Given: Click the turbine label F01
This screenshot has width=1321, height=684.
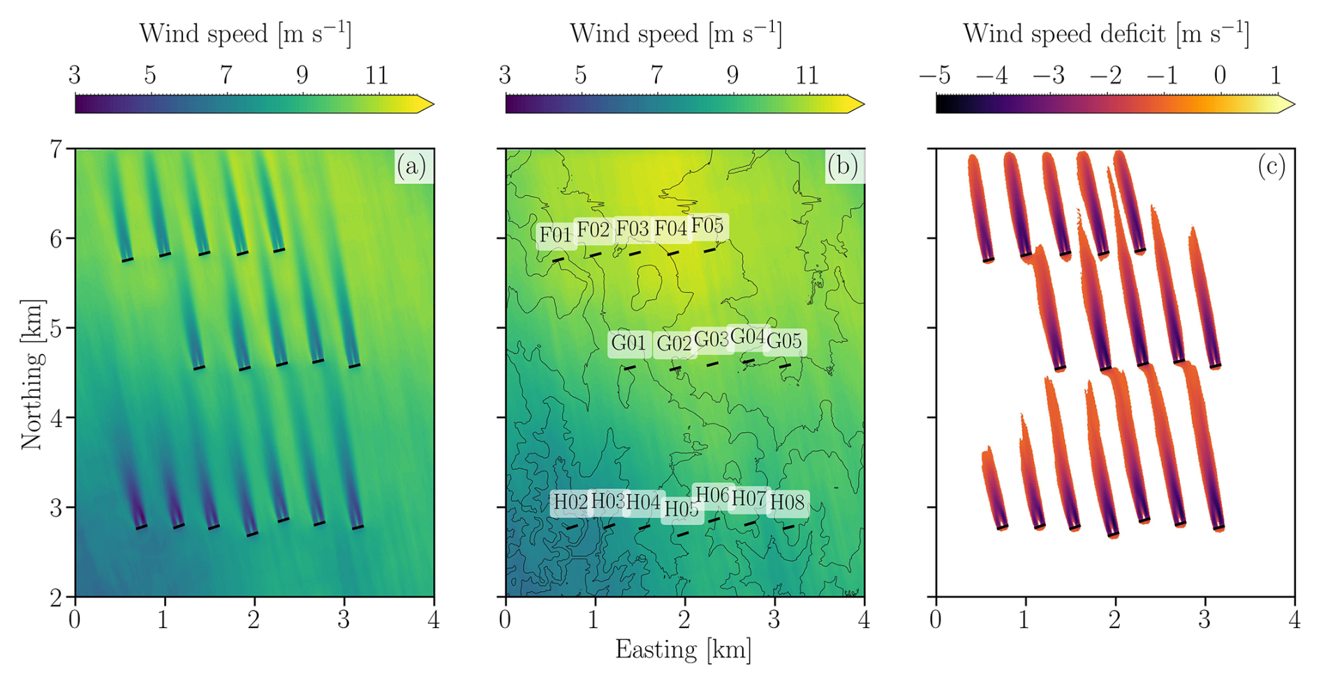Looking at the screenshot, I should tap(556, 235).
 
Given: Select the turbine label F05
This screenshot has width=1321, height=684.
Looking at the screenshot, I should tap(707, 226).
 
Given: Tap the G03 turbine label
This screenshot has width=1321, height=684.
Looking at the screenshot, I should tap(711, 339).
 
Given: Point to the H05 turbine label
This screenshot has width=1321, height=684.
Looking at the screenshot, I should tap(681, 510).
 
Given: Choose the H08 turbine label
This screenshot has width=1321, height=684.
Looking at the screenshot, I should tap(787, 502).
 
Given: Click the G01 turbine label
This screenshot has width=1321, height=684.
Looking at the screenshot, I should tap(628, 343).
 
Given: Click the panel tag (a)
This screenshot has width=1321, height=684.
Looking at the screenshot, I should tap(411, 166).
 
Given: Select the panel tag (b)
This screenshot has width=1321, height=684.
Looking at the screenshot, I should tap(842, 166).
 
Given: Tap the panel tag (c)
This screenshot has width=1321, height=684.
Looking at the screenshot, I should tap(1271, 166).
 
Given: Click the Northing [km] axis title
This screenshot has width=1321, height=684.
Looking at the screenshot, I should tap(32, 373).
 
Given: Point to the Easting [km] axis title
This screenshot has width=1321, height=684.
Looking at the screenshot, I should tap(683, 650).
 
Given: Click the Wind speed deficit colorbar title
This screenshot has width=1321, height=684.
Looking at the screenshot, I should tap(1105, 34).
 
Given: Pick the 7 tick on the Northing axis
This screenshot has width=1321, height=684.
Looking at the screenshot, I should tap(55, 149).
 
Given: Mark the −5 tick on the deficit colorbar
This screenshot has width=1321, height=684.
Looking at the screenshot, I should tap(936, 75).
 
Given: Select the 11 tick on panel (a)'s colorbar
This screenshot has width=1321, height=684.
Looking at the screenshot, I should tap(377, 75).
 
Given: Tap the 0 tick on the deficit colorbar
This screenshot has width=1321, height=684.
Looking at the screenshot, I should tap(1219, 75).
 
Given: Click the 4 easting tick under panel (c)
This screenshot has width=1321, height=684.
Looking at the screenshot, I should tap(1294, 620).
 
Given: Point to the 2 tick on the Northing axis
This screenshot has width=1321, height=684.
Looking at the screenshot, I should tap(55, 597).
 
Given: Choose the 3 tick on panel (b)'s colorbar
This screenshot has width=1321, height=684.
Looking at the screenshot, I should tap(505, 75).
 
